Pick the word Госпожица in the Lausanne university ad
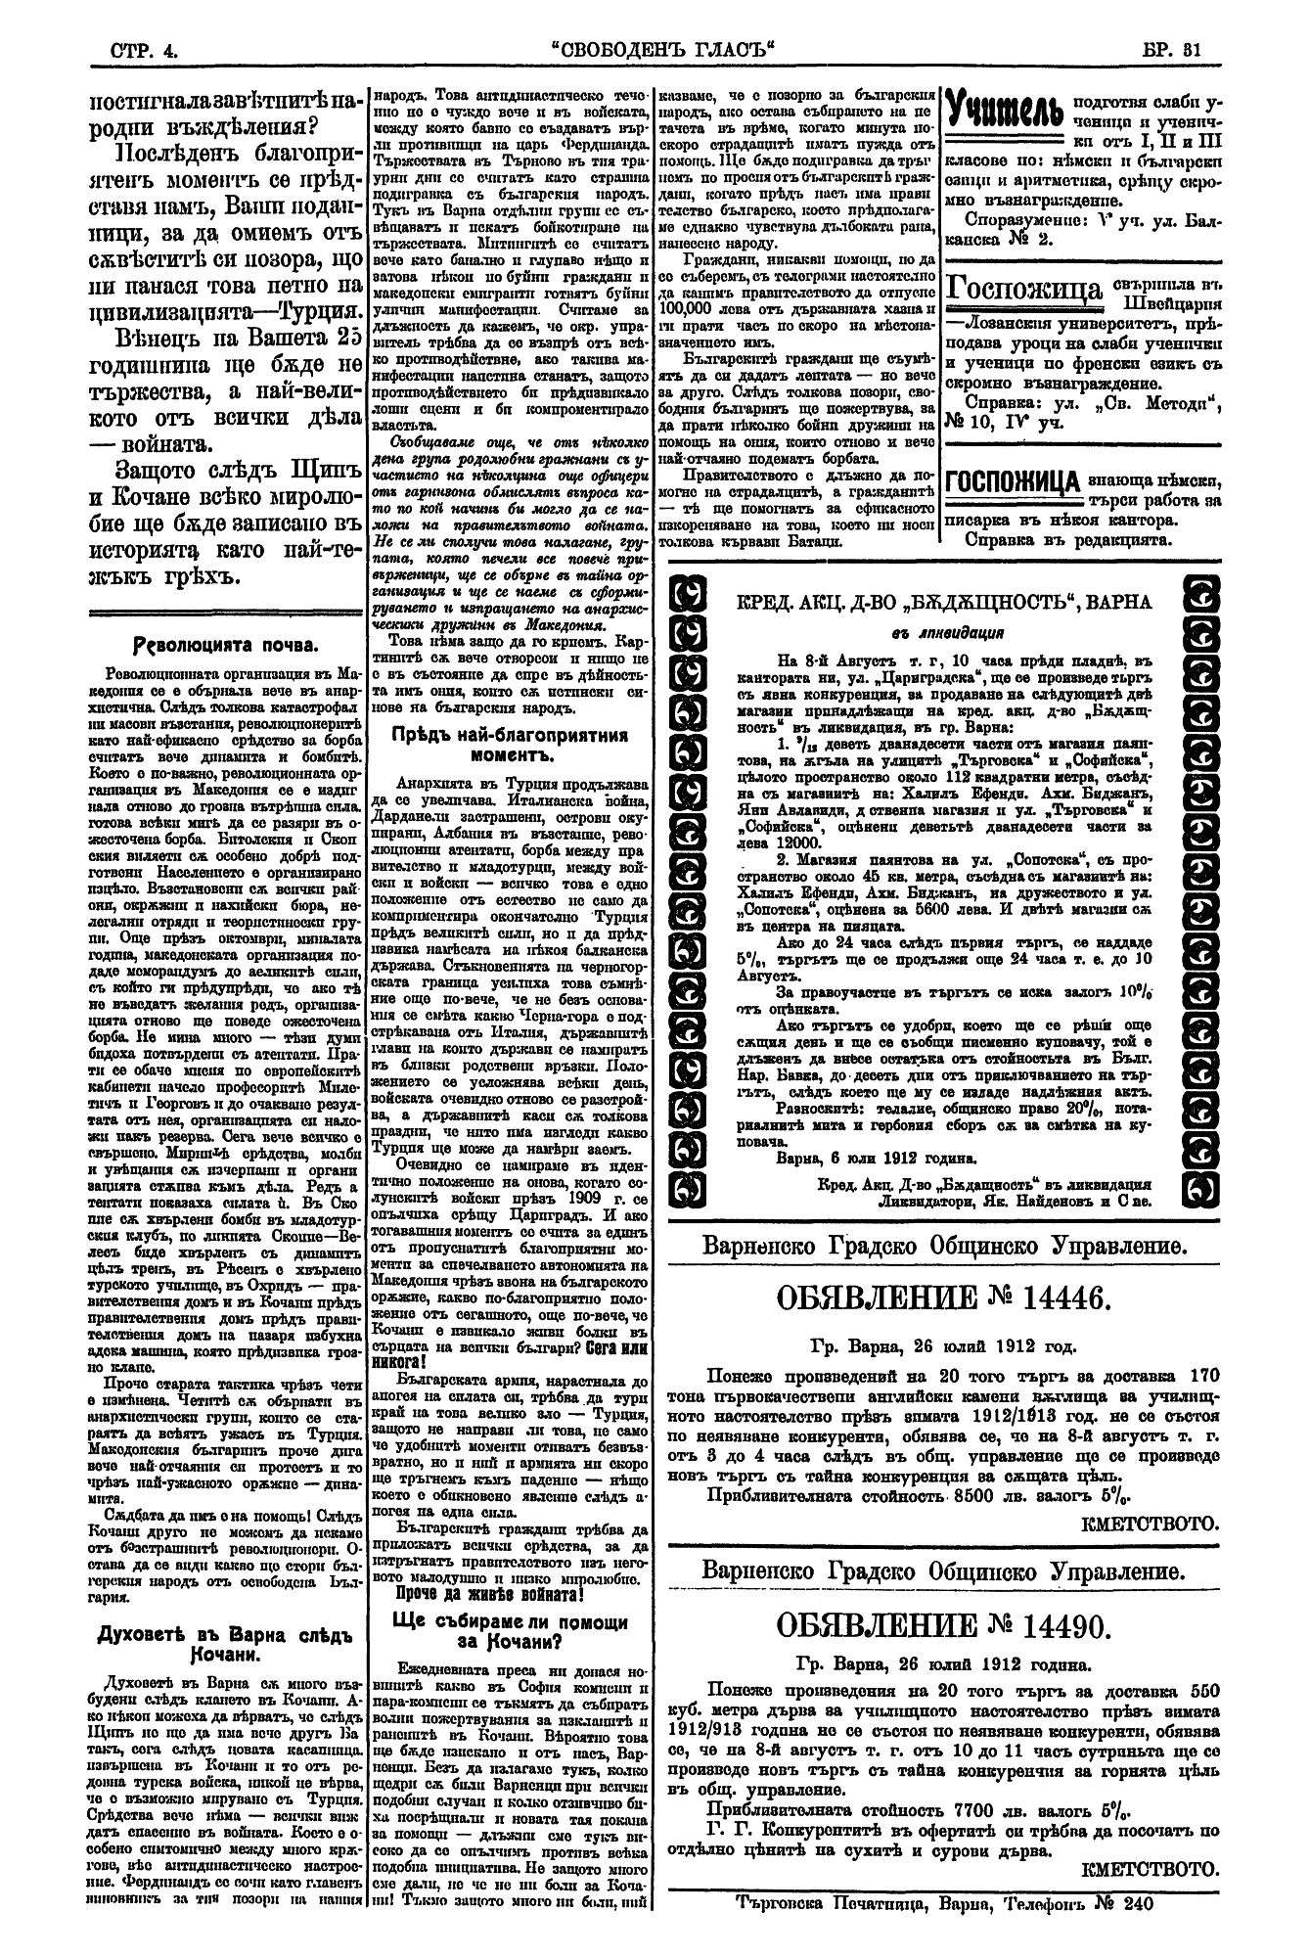[1027, 287]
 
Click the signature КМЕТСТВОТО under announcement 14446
[1151, 1523]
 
